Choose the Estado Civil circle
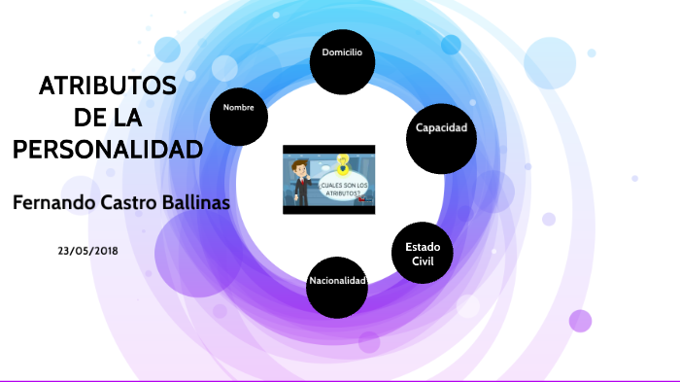(424, 254)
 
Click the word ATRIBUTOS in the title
(108, 87)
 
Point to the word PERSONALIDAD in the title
(107, 150)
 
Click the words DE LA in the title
(108, 118)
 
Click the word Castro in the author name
(129, 203)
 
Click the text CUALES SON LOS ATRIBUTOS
(345, 190)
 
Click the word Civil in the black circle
(423, 261)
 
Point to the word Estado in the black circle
(423, 247)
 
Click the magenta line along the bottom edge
(340, 380)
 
